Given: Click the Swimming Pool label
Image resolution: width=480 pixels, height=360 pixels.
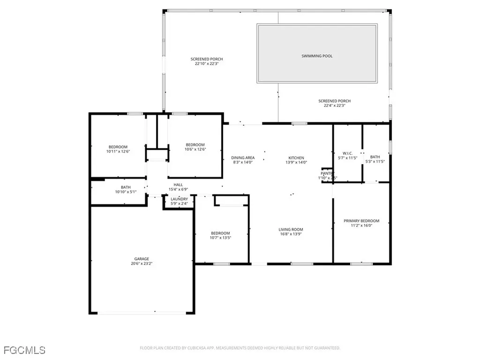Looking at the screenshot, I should coord(317,56).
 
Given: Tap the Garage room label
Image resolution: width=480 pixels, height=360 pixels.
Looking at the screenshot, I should coord(142,259).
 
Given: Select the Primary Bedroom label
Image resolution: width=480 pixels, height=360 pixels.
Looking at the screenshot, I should coord(361,221).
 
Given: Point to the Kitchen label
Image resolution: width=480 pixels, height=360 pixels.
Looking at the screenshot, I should coord(296,158).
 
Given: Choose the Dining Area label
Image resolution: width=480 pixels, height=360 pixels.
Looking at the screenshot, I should coord(243,158).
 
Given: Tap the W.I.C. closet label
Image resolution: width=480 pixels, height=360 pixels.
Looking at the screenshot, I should coord(347,153).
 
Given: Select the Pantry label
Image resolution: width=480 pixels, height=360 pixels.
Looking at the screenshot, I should coord(328,173).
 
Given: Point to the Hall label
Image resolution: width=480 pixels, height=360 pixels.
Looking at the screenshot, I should coord(178,185).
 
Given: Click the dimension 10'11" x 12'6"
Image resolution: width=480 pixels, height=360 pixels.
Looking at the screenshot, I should coord(118,151).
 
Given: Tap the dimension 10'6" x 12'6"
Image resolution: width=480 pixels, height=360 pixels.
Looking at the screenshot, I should coord(195,149).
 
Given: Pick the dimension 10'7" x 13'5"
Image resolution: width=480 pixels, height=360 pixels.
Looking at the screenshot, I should coord(220,238).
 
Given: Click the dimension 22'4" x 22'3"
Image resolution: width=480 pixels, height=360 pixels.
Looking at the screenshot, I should coord(334,105).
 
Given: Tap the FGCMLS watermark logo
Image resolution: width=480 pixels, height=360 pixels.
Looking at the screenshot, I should coord(24,350).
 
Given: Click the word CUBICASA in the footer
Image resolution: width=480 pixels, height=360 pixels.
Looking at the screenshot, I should coord(191,348).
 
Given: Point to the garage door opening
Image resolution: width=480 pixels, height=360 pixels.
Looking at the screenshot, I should coord(141,313).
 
